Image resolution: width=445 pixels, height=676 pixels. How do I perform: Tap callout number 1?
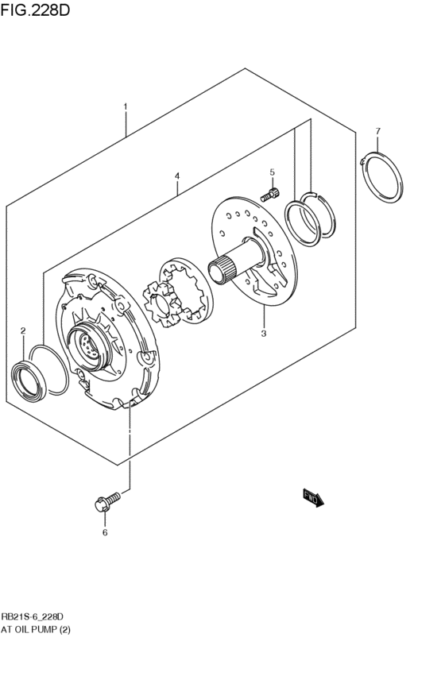tap(125, 106)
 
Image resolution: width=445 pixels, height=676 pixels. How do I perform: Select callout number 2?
tap(23, 330)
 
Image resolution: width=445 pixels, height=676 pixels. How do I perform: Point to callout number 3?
tap(263, 334)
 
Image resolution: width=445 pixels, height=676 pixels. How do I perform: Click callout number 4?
tap(177, 176)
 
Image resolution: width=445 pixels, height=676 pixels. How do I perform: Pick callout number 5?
tap(272, 172)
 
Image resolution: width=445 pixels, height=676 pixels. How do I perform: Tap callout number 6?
tap(104, 533)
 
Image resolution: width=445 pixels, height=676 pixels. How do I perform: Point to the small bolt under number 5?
tap(271, 192)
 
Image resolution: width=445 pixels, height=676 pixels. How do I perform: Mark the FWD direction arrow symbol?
tap(314, 498)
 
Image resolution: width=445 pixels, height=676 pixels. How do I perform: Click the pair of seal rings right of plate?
tap(310, 215)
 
